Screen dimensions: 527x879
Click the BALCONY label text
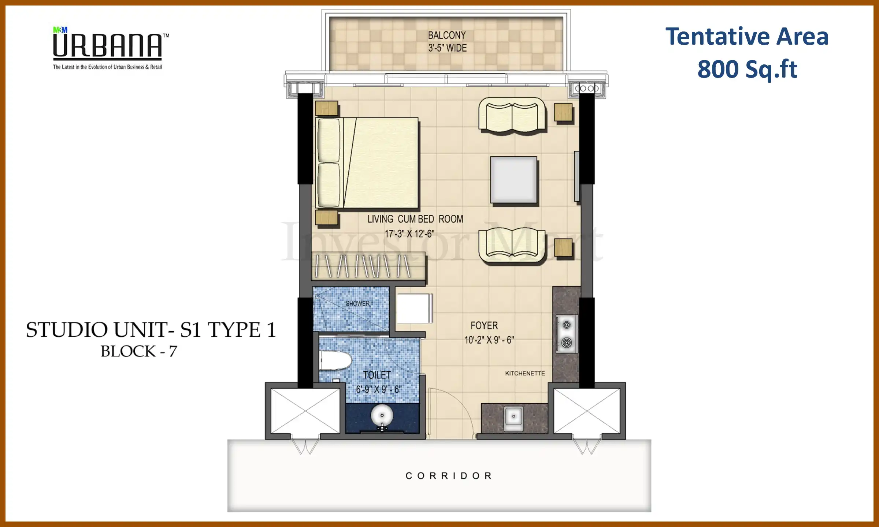[x=446, y=35]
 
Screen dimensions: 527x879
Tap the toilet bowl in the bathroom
[x=335, y=361]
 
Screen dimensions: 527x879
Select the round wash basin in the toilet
[x=382, y=416]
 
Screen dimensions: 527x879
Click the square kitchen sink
[x=513, y=417]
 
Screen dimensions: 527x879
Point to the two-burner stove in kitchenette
[x=567, y=334]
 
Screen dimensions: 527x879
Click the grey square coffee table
[x=513, y=180]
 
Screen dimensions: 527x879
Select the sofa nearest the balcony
[x=512, y=116]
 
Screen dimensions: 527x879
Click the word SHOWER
[x=357, y=304]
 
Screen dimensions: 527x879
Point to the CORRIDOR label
[x=449, y=476]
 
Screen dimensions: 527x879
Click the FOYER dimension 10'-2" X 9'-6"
[x=489, y=340]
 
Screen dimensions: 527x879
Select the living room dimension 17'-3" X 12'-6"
[x=409, y=234]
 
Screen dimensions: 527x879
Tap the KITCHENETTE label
[x=525, y=373]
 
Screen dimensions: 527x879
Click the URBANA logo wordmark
[x=107, y=46]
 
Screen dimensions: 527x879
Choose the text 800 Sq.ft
[x=747, y=70]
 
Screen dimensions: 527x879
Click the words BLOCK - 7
[x=139, y=351]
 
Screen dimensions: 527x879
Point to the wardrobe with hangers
[x=368, y=266]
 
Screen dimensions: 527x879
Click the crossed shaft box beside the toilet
[x=305, y=411]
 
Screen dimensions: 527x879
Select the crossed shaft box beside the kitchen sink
[x=586, y=411]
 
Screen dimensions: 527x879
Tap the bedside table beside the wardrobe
[x=326, y=218]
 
